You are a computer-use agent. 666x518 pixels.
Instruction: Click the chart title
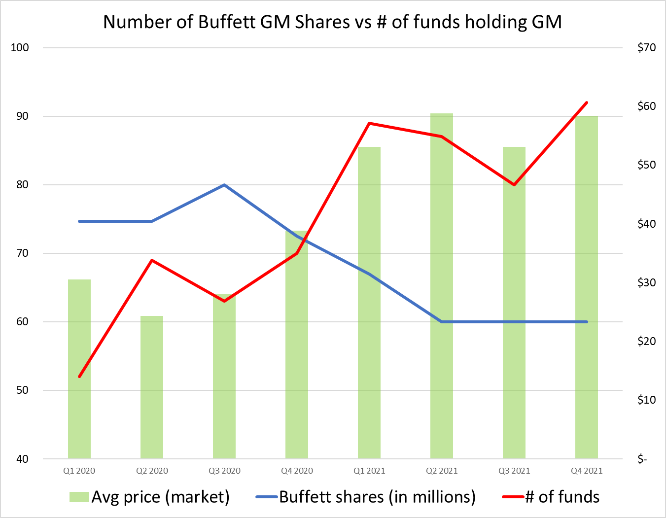coord(332,22)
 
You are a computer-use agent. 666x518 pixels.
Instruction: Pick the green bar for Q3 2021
coord(514,306)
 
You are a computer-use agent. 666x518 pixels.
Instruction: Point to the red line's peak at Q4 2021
coord(587,103)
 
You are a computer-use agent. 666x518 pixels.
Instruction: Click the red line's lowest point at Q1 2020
coord(79,377)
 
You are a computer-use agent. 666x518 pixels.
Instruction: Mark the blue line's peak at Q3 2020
coord(224,185)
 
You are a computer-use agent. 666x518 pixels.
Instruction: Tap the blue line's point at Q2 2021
coord(442,322)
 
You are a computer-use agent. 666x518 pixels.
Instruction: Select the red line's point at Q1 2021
coord(369,123)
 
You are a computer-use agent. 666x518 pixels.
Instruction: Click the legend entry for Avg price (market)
coord(150,497)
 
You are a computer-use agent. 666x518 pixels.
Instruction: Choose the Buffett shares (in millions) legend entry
coord(366,497)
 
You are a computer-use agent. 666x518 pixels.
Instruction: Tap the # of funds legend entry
coord(551,497)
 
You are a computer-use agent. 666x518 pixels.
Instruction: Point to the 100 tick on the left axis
coord(20,48)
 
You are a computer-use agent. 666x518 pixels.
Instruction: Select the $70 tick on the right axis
coord(646,48)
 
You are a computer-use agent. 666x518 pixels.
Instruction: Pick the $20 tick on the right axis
coord(646,341)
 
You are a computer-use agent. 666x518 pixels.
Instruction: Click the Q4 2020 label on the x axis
coord(297,471)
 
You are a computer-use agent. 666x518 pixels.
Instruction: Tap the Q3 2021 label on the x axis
coord(514,471)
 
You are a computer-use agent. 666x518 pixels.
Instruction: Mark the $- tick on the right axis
coord(642,459)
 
